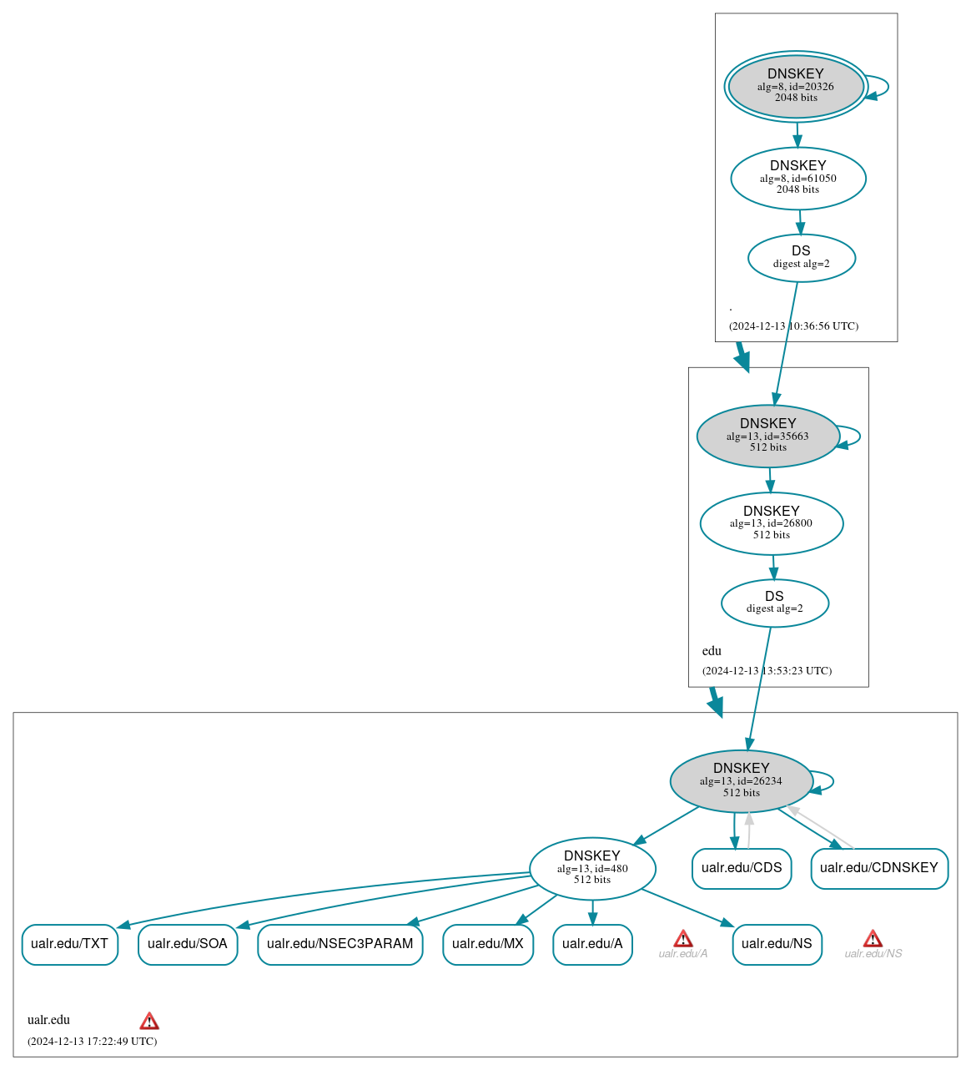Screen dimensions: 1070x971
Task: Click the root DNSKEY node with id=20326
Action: [796, 86]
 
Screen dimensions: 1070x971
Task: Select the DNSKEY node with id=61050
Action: [798, 178]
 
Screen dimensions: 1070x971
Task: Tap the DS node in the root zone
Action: [801, 258]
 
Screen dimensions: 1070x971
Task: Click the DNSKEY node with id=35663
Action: [768, 436]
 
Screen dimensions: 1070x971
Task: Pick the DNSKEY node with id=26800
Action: [772, 523]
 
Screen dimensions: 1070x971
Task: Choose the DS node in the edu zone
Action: [774, 603]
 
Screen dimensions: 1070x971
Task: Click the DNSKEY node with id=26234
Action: [741, 781]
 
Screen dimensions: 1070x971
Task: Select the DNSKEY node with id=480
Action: [592, 868]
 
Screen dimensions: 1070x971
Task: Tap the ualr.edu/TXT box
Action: [70, 944]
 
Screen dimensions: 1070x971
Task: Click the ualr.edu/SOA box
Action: [188, 944]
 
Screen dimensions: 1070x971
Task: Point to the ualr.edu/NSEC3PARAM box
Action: [340, 944]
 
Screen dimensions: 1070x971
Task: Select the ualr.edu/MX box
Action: [488, 944]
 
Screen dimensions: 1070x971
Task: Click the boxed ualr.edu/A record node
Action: [592, 944]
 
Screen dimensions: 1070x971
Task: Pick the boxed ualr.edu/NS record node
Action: [777, 944]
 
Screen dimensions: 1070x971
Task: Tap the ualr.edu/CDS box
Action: [742, 868]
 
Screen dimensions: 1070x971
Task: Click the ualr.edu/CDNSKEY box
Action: [879, 868]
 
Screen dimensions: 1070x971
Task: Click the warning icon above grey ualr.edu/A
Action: [683, 938]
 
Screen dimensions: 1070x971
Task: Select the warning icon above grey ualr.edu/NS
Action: [873, 938]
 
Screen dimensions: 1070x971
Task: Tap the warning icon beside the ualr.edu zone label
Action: [149, 1020]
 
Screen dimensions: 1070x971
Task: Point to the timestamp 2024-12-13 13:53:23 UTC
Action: [767, 671]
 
